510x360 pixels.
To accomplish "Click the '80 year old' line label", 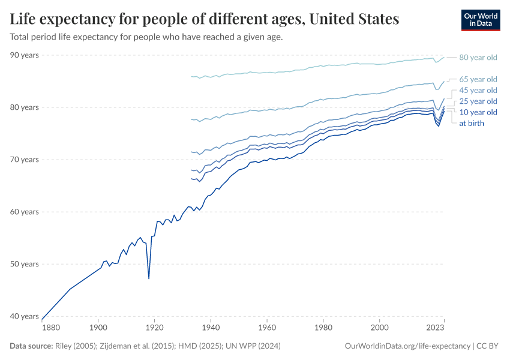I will pos(478,58).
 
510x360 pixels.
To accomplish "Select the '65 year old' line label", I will pos(478,79).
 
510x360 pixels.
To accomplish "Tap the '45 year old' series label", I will pos(478,90).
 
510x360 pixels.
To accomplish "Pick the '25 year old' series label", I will pos(478,101).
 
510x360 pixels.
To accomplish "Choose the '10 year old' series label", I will pos(478,112).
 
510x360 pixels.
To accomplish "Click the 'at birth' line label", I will pos(471,123).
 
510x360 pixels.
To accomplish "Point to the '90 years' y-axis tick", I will pos(25,55).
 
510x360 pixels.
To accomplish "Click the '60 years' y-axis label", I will pos(25,212).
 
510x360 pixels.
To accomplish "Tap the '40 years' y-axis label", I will pos(25,316).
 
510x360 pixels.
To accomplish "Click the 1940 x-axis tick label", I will pos(211,328).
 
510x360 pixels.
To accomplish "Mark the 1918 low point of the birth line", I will pos(149,278).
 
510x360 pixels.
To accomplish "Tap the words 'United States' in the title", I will pos(354,20).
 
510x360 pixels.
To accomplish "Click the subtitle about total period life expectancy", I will pos(146,37).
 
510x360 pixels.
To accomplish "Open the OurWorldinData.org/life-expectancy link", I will pos(407,346).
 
